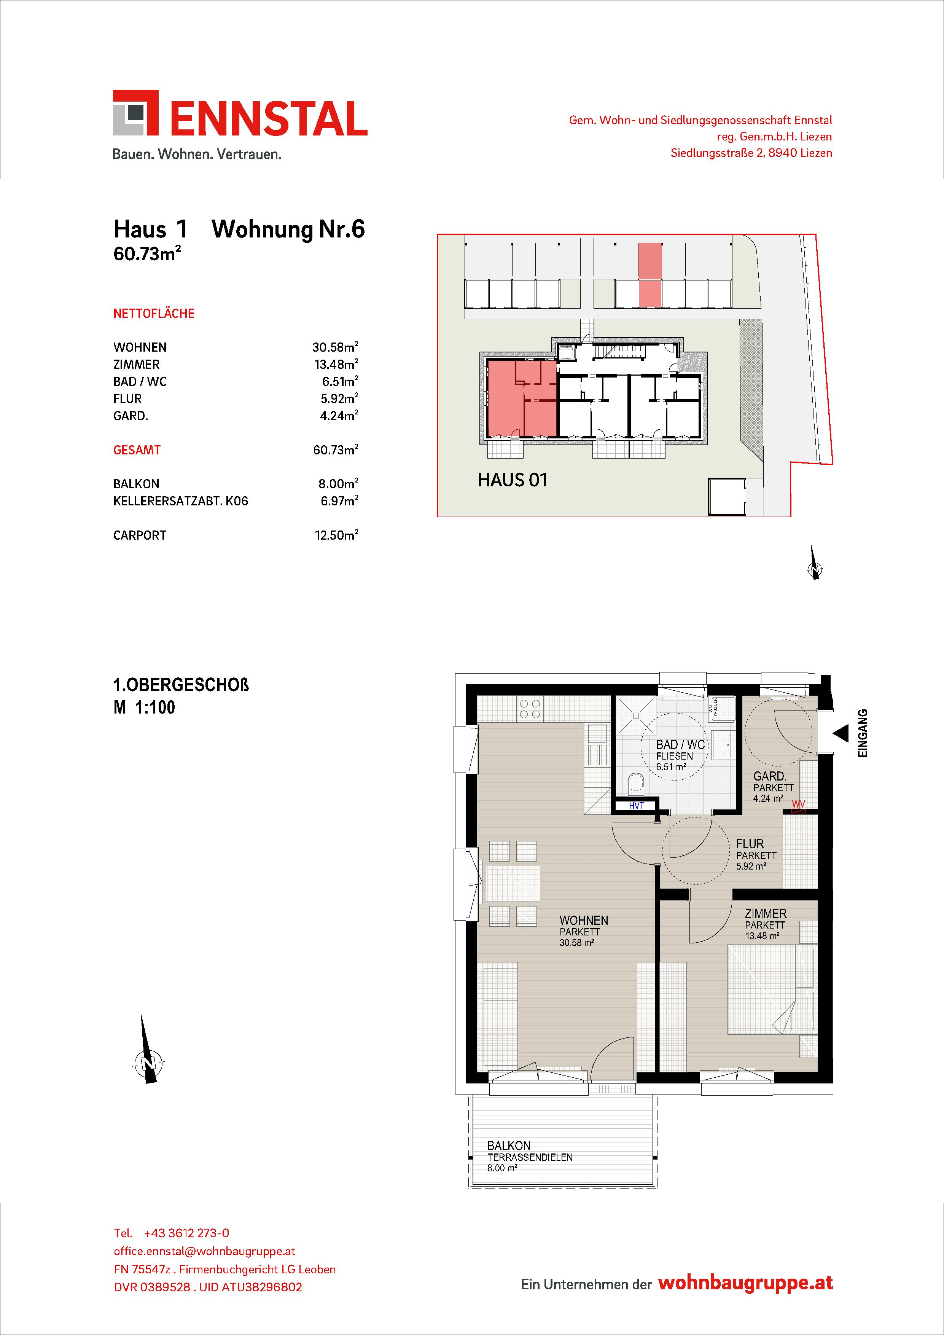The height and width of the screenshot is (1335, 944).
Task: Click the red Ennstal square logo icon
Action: pyautogui.click(x=135, y=113)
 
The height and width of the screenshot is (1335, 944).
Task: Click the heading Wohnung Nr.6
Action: pyautogui.click(x=288, y=229)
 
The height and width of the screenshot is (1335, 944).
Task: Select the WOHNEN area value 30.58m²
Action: pyautogui.click(x=335, y=347)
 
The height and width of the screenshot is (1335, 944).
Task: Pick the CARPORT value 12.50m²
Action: pyautogui.click(x=337, y=535)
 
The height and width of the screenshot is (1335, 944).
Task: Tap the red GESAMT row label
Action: pyautogui.click(x=137, y=450)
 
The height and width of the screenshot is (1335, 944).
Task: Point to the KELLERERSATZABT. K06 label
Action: pyautogui.click(x=181, y=501)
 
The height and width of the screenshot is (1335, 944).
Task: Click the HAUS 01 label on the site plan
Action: pyautogui.click(x=513, y=480)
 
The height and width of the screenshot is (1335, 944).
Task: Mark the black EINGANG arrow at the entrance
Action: pyautogui.click(x=841, y=734)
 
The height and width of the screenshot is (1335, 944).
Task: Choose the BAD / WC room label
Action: pyautogui.click(x=680, y=745)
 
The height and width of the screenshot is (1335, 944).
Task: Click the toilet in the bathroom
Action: pyautogui.click(x=637, y=783)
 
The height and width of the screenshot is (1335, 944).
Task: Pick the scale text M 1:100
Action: pyautogui.click(x=145, y=707)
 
